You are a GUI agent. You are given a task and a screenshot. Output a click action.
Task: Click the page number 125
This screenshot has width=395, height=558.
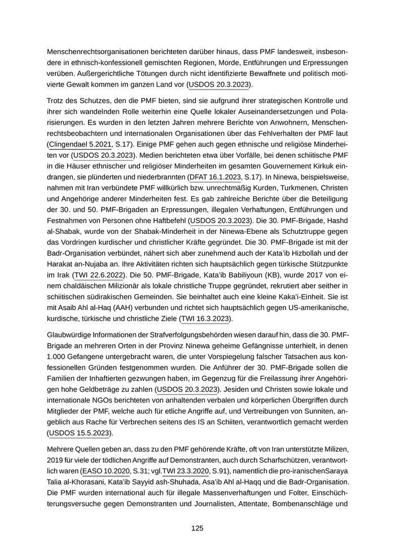point(197,528)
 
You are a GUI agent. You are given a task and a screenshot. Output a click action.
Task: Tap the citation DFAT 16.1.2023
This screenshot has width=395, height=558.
point(218,177)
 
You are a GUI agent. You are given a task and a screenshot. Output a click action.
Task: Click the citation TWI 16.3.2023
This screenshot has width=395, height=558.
point(205,318)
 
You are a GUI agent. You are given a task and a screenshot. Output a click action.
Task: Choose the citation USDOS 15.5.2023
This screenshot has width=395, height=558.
point(80,433)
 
